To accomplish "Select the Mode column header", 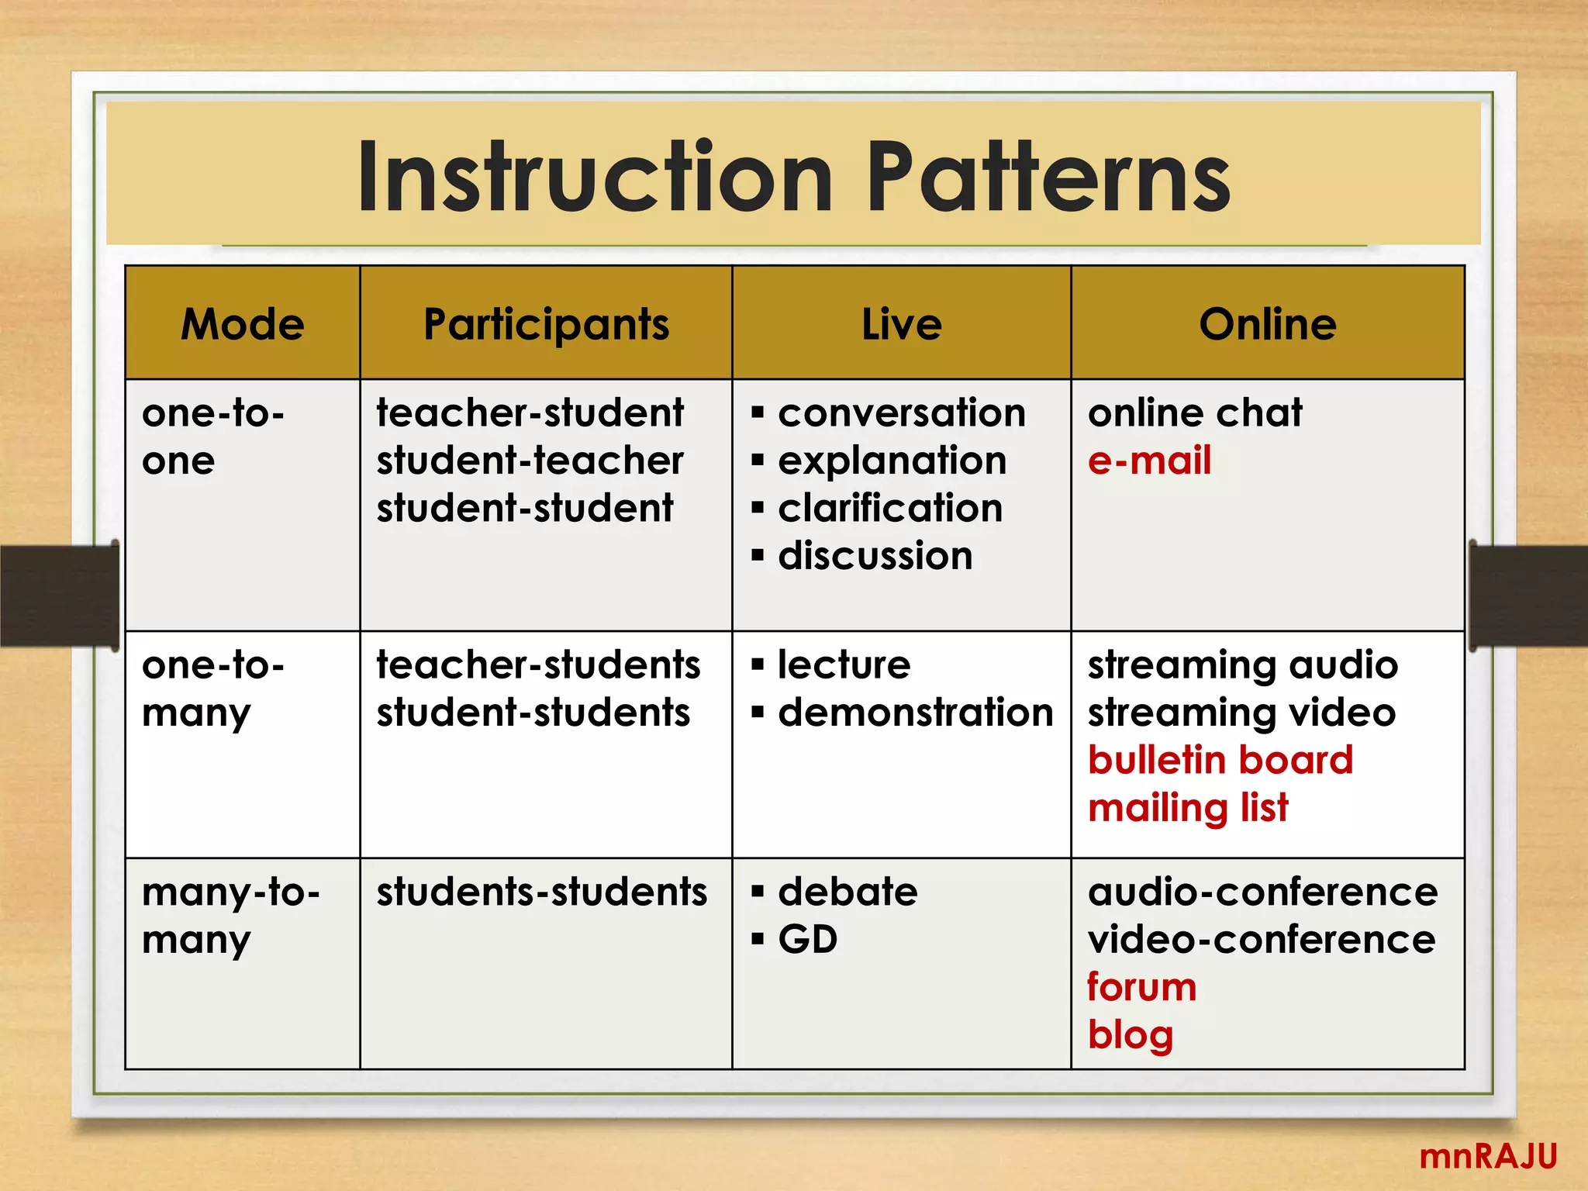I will (x=243, y=324).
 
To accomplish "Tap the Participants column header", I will (x=546, y=324).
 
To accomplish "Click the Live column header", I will (x=902, y=324).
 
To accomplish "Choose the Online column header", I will (x=1268, y=324).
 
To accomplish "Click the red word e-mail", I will (x=1149, y=461).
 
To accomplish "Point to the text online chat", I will (x=1195, y=413).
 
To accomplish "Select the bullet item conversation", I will (x=901, y=413).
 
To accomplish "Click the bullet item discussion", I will (x=875, y=556).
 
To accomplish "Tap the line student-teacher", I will (x=530, y=461).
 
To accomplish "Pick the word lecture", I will (x=844, y=665).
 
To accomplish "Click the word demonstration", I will (x=915, y=713).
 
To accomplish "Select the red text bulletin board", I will (x=1220, y=760).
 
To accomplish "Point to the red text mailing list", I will (x=1188, y=808).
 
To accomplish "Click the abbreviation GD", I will (x=808, y=940).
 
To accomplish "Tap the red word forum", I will (x=1141, y=987).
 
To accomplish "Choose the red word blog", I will (x=1131, y=1035).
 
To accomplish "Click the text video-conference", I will (x=1262, y=940).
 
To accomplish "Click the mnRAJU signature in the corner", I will (x=1488, y=1156).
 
